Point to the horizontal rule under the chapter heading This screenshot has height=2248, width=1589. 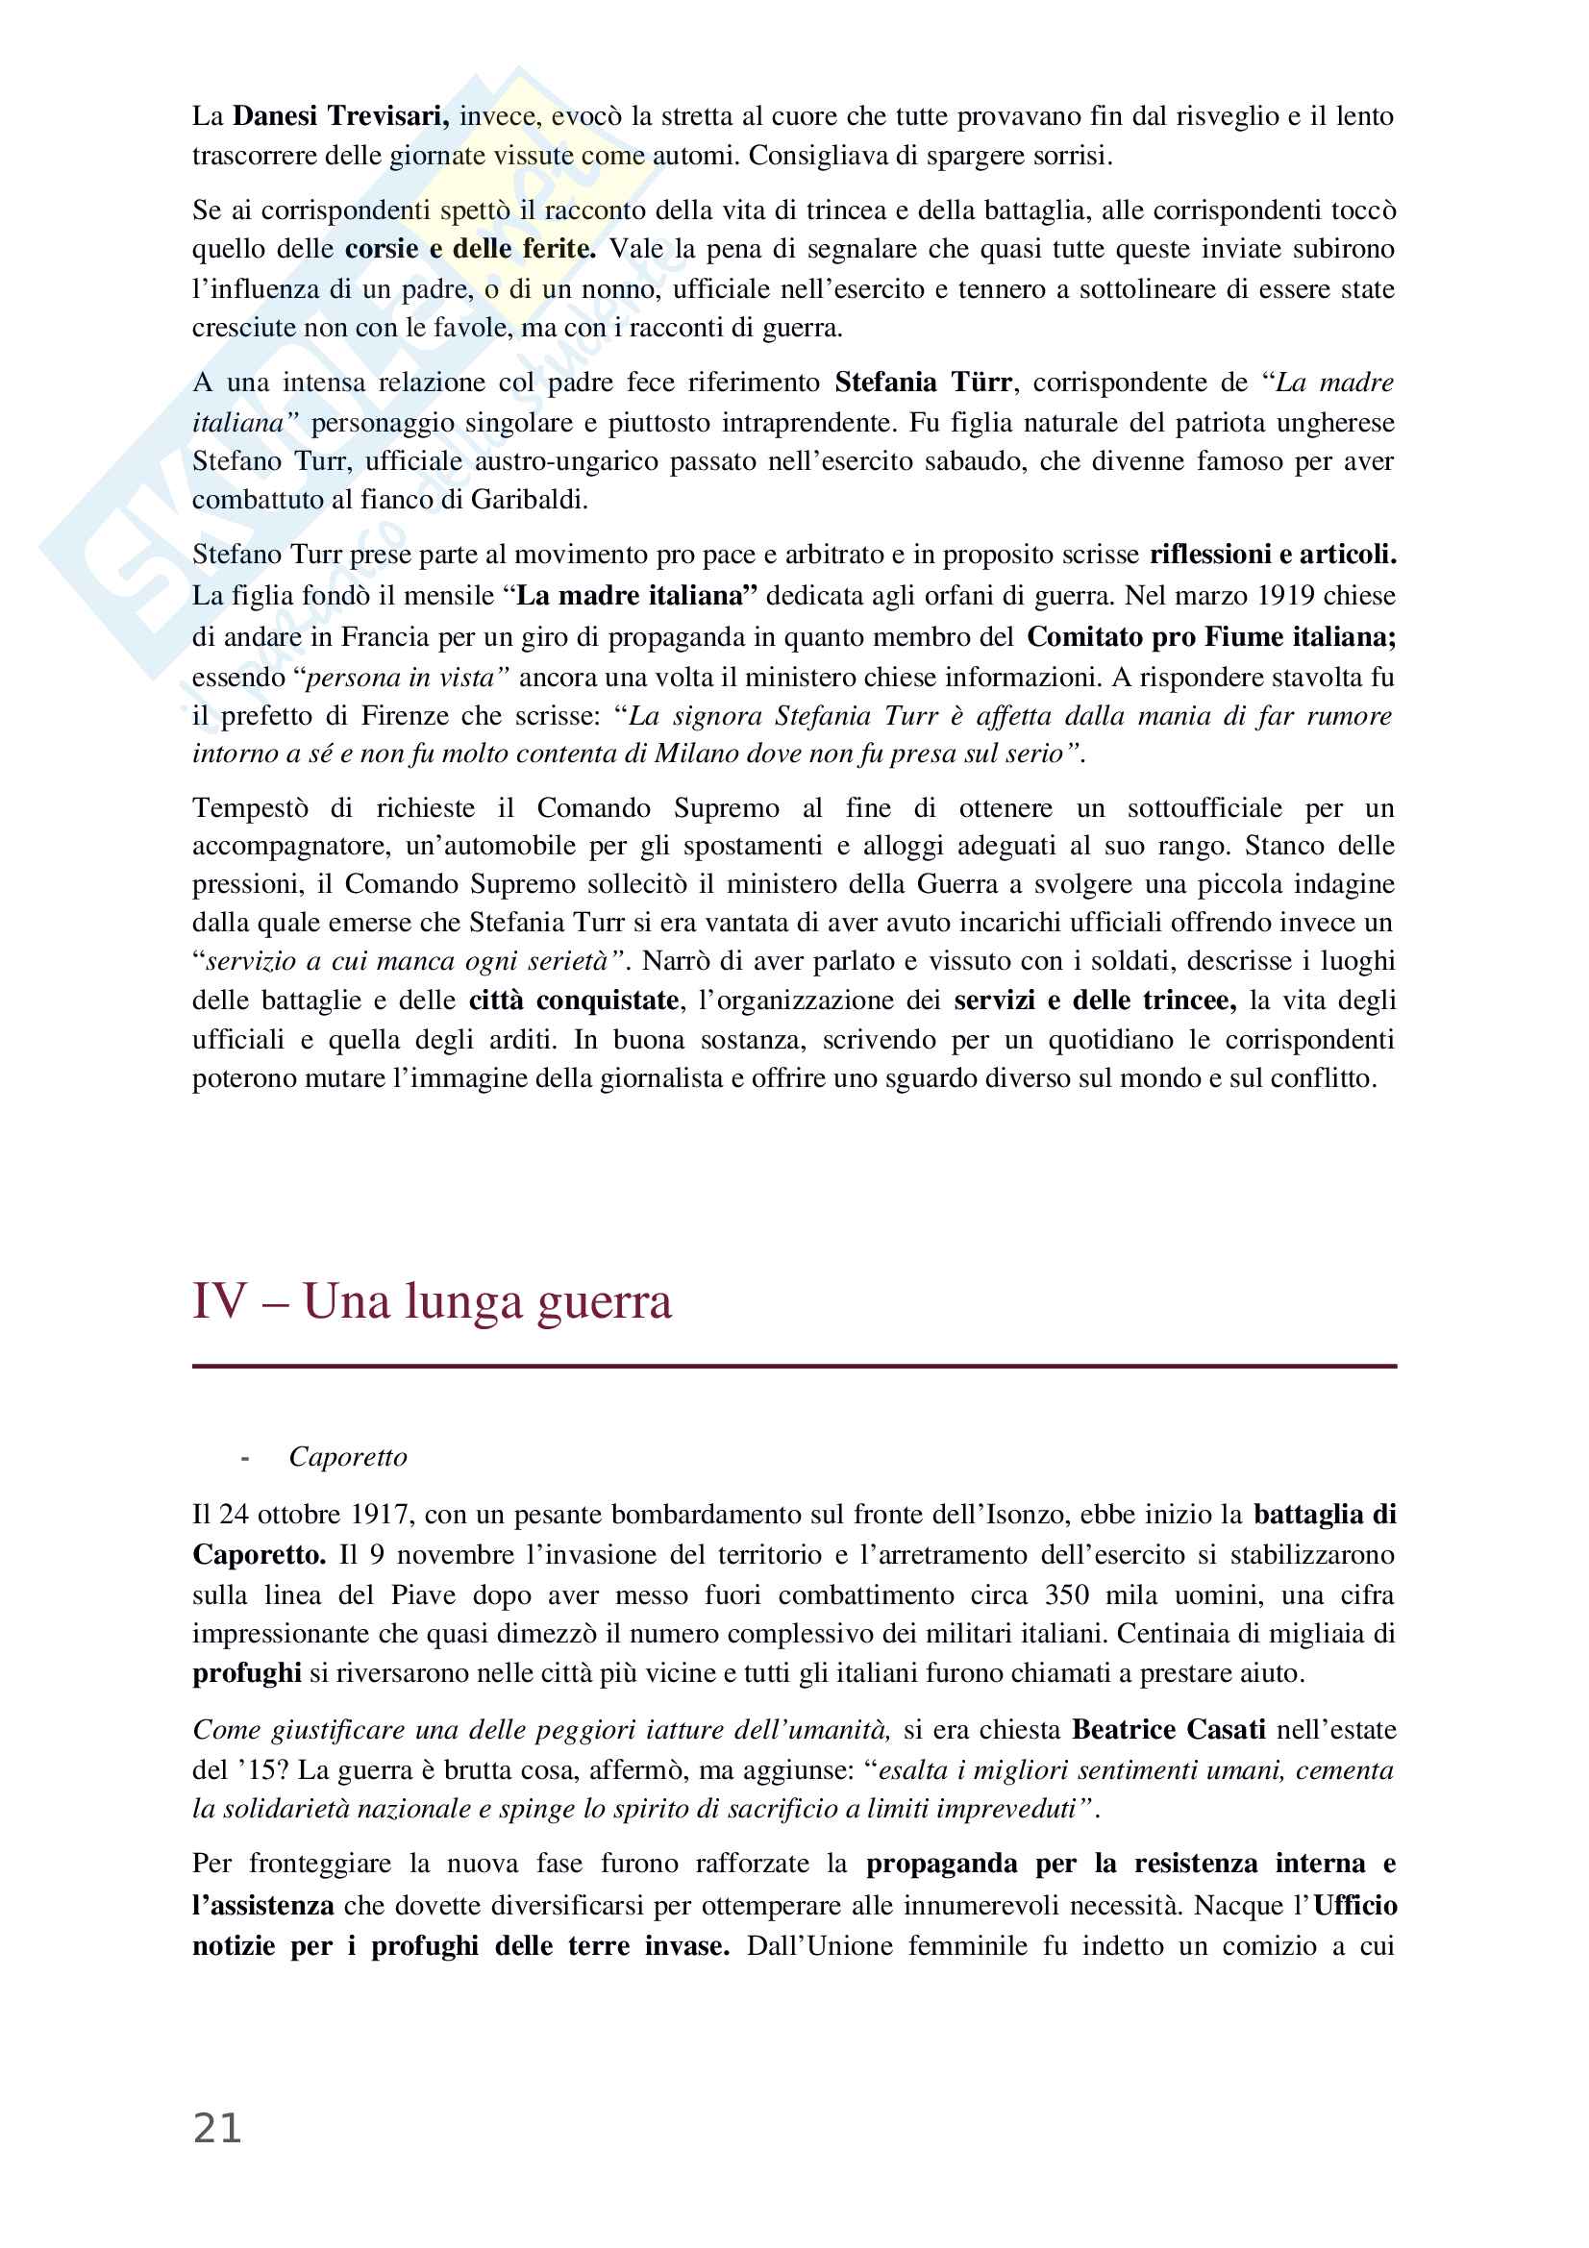click(x=794, y=1366)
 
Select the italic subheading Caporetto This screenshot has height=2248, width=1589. click(x=348, y=1457)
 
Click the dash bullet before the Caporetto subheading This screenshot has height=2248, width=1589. click(x=245, y=1458)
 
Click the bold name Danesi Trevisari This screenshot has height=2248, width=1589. click(x=340, y=116)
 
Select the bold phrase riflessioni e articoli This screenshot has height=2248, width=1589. click(x=1272, y=556)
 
